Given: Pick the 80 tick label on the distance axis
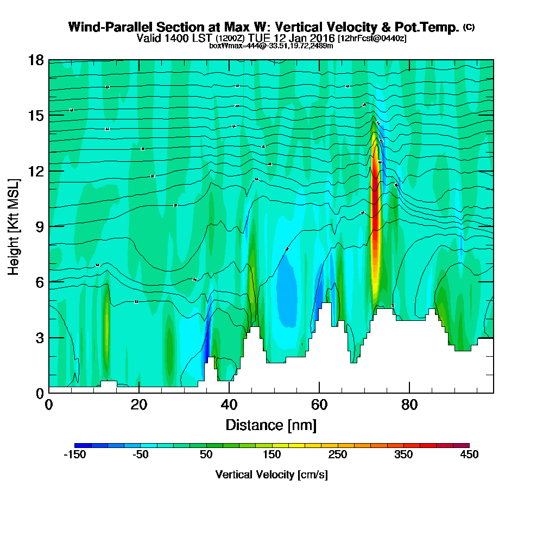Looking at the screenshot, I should pos(409,405).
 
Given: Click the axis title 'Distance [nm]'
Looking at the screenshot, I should pos(271,424).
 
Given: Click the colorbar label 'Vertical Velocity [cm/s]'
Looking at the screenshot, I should pos(271,475).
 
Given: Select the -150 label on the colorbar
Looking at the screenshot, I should pos(75,455).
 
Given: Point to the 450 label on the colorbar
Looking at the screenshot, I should pos(469,455).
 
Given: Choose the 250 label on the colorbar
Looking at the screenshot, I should pos(338,455).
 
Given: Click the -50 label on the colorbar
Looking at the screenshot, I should pos(141,455).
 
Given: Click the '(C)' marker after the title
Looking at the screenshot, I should pos(469,27).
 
